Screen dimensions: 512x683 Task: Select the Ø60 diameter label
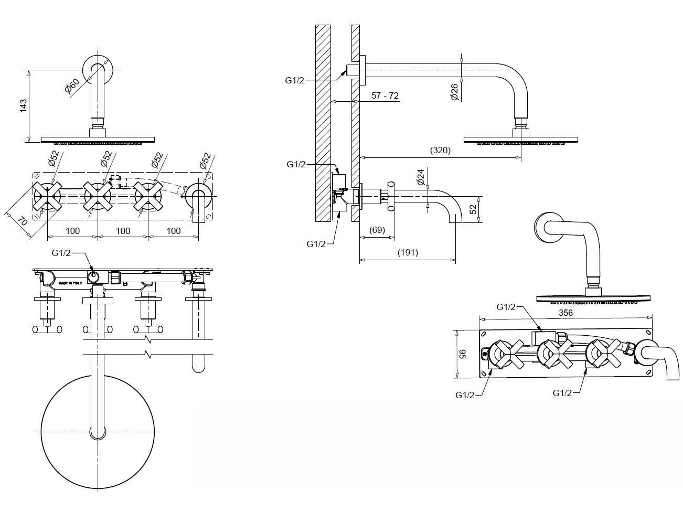click(72, 85)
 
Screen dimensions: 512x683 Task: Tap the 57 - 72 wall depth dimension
click(385, 95)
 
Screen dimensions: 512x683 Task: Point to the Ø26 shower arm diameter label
click(454, 92)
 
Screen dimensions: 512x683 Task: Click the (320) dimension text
click(440, 150)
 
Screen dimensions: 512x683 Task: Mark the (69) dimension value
click(377, 230)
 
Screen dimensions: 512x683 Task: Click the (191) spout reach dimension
click(408, 252)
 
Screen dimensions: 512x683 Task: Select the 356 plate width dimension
click(565, 313)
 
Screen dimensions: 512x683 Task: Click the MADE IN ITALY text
click(70, 283)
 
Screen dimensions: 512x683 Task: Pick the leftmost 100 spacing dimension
click(73, 231)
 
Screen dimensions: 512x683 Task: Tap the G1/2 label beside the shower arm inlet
click(295, 80)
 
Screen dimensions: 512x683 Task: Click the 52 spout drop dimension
click(473, 208)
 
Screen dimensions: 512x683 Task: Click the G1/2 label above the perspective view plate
click(506, 306)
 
